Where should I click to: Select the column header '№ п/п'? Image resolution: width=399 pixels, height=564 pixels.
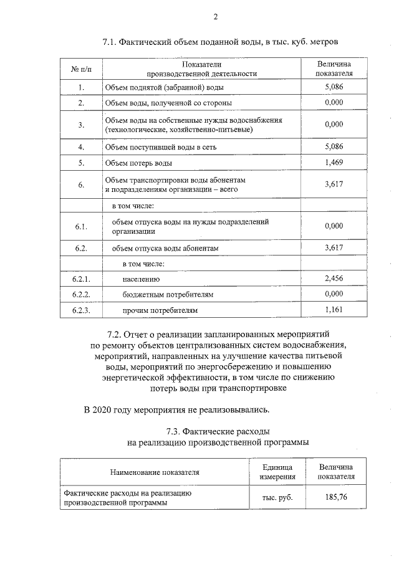(81, 68)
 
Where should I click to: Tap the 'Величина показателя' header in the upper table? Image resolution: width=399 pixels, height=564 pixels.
(334, 68)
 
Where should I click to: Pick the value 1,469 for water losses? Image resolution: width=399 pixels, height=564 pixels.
(334, 163)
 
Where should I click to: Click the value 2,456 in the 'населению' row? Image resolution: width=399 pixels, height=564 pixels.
(334, 279)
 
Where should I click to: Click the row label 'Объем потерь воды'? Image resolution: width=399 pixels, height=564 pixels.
(138, 163)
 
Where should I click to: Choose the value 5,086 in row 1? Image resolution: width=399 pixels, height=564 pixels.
(334, 87)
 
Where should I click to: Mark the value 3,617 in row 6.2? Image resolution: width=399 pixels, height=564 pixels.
(334, 247)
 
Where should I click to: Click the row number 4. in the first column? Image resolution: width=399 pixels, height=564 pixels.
(81, 147)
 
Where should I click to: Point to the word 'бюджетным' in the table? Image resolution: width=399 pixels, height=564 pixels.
(145, 294)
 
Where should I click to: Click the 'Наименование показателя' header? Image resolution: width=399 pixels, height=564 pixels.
(155, 472)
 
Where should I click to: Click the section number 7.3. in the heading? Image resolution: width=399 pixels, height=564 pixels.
(178, 431)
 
